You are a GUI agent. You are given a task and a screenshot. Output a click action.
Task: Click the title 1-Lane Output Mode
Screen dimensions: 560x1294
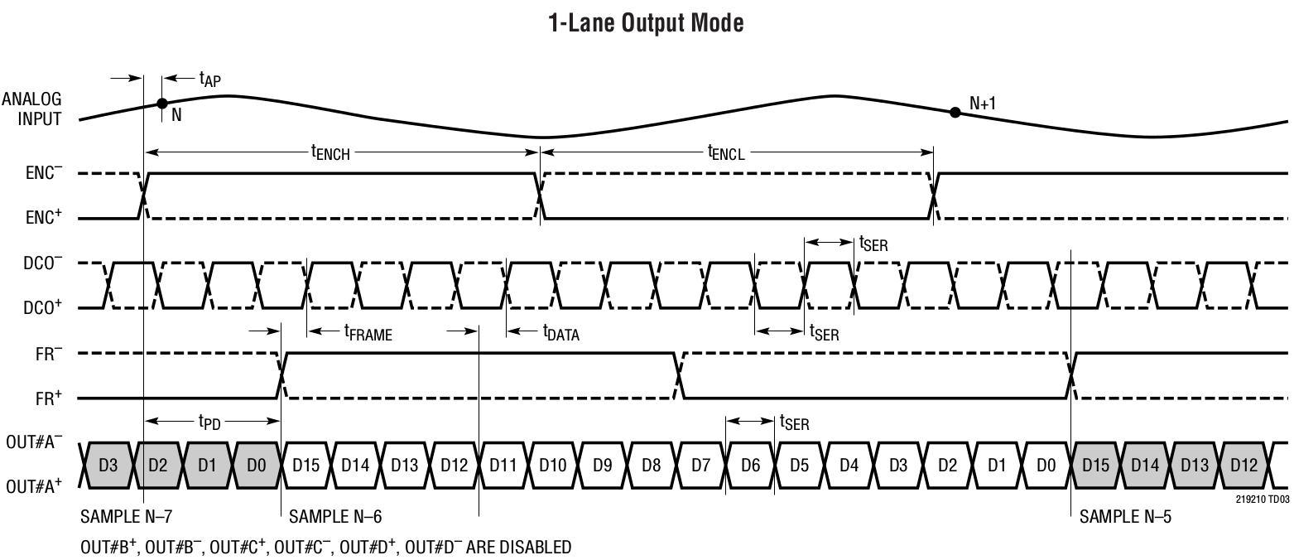pos(646,23)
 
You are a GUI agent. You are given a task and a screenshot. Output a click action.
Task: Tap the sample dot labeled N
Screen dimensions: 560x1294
pos(162,104)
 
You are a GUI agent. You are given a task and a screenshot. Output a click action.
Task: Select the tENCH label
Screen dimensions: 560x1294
pos(332,152)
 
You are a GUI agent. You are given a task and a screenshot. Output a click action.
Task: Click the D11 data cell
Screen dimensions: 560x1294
pos(503,464)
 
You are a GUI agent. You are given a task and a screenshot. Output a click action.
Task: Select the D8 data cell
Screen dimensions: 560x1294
pos(652,464)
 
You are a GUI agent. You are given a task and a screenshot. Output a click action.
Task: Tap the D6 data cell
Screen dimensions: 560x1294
pos(750,464)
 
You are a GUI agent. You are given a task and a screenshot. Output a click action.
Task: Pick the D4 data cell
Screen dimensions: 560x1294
pos(849,464)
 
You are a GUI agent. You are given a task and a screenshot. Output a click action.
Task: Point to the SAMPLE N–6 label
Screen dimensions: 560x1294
pos(334,517)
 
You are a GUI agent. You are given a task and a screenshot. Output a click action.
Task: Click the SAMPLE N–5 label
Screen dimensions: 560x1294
pos(1125,517)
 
